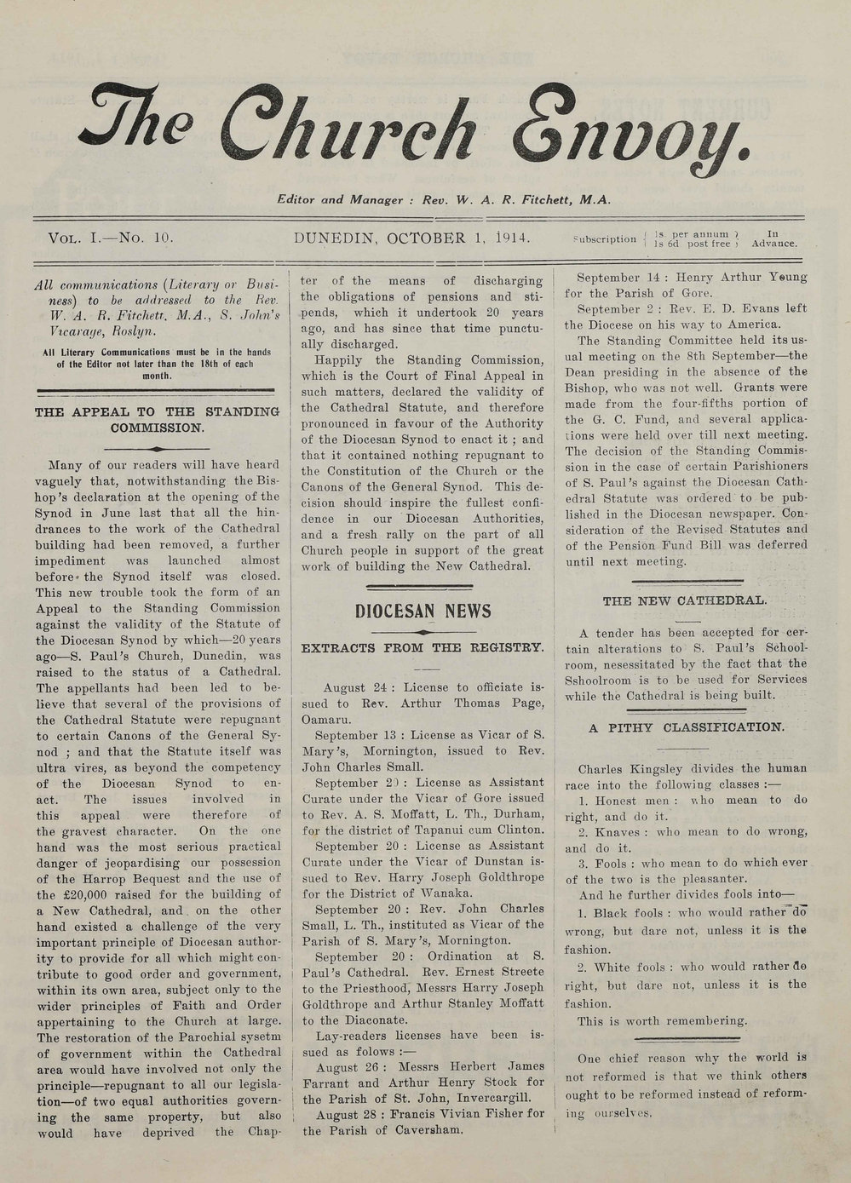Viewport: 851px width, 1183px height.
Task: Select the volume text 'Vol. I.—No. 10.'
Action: pyautogui.click(x=111, y=238)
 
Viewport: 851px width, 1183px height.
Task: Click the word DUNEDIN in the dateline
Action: pyautogui.click(x=335, y=238)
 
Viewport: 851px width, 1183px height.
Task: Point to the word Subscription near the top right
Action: pyautogui.click(x=605, y=238)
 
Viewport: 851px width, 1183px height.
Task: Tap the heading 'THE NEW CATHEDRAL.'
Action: pyautogui.click(x=684, y=600)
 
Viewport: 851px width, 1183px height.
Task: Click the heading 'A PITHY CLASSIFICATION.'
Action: pyautogui.click(x=685, y=727)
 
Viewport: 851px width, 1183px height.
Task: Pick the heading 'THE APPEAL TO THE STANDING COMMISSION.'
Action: pyautogui.click(x=157, y=419)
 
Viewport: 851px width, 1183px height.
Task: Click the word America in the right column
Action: pyautogui.click(x=769, y=324)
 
